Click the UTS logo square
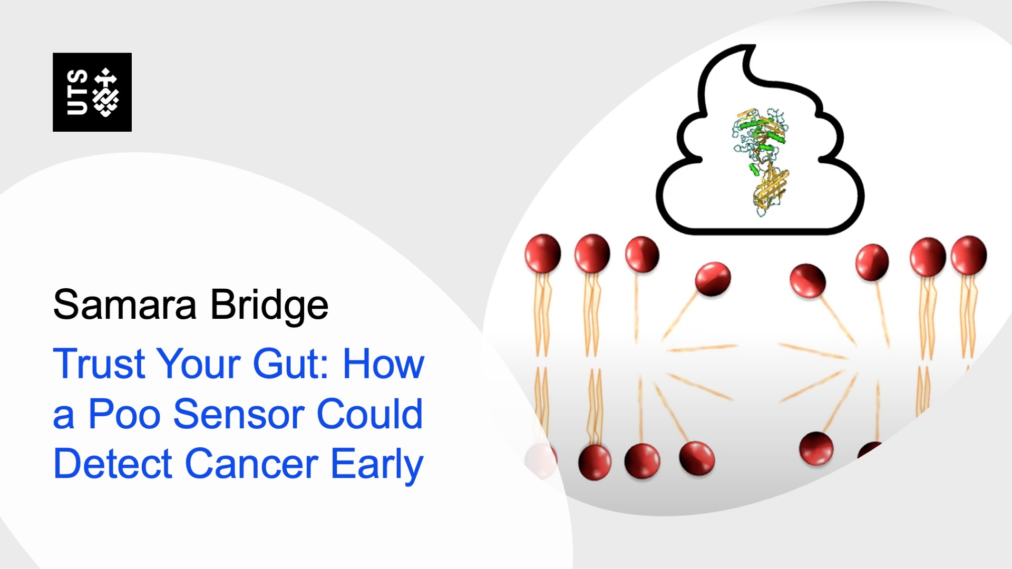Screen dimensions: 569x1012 92,92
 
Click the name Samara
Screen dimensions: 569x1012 124,305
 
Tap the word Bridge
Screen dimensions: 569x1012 269,306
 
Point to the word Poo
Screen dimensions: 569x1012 124,414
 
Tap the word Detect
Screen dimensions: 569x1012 113,464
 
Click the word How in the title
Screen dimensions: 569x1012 383,364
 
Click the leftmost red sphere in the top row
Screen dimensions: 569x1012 542,253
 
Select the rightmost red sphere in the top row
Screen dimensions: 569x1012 969,255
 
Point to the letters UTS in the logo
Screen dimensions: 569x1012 77,92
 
